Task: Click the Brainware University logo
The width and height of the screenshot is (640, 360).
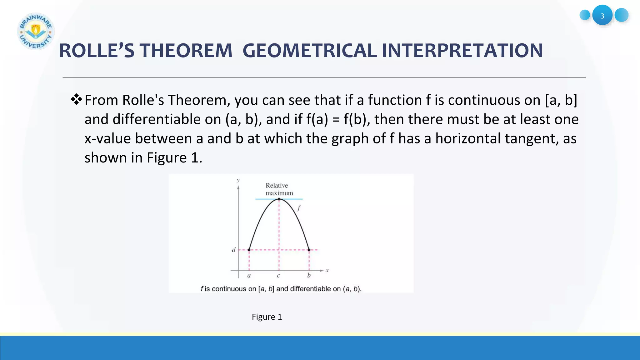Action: [36, 31]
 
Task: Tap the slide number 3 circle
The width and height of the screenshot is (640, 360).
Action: [602, 15]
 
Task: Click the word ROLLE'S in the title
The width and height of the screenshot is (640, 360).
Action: [97, 51]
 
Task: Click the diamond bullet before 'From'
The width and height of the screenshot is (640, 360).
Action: [76, 100]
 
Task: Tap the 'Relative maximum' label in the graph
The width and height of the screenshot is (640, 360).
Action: [279, 189]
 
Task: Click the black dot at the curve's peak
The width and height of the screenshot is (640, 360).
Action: [279, 199]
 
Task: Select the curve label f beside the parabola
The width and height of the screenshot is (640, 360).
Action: [299, 208]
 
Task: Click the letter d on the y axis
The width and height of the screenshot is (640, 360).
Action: [233, 250]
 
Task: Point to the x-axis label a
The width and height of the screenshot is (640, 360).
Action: [249, 276]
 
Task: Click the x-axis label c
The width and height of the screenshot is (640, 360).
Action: [278, 276]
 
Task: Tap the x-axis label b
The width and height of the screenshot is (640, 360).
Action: [309, 276]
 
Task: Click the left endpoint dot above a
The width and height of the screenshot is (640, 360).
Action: [249, 250]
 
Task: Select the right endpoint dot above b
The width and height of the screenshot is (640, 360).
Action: [309, 250]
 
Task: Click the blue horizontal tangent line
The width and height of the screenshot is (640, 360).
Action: [294, 199]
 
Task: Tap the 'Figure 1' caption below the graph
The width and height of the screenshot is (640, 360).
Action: [267, 317]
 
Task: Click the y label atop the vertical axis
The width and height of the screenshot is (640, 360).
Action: [238, 180]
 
